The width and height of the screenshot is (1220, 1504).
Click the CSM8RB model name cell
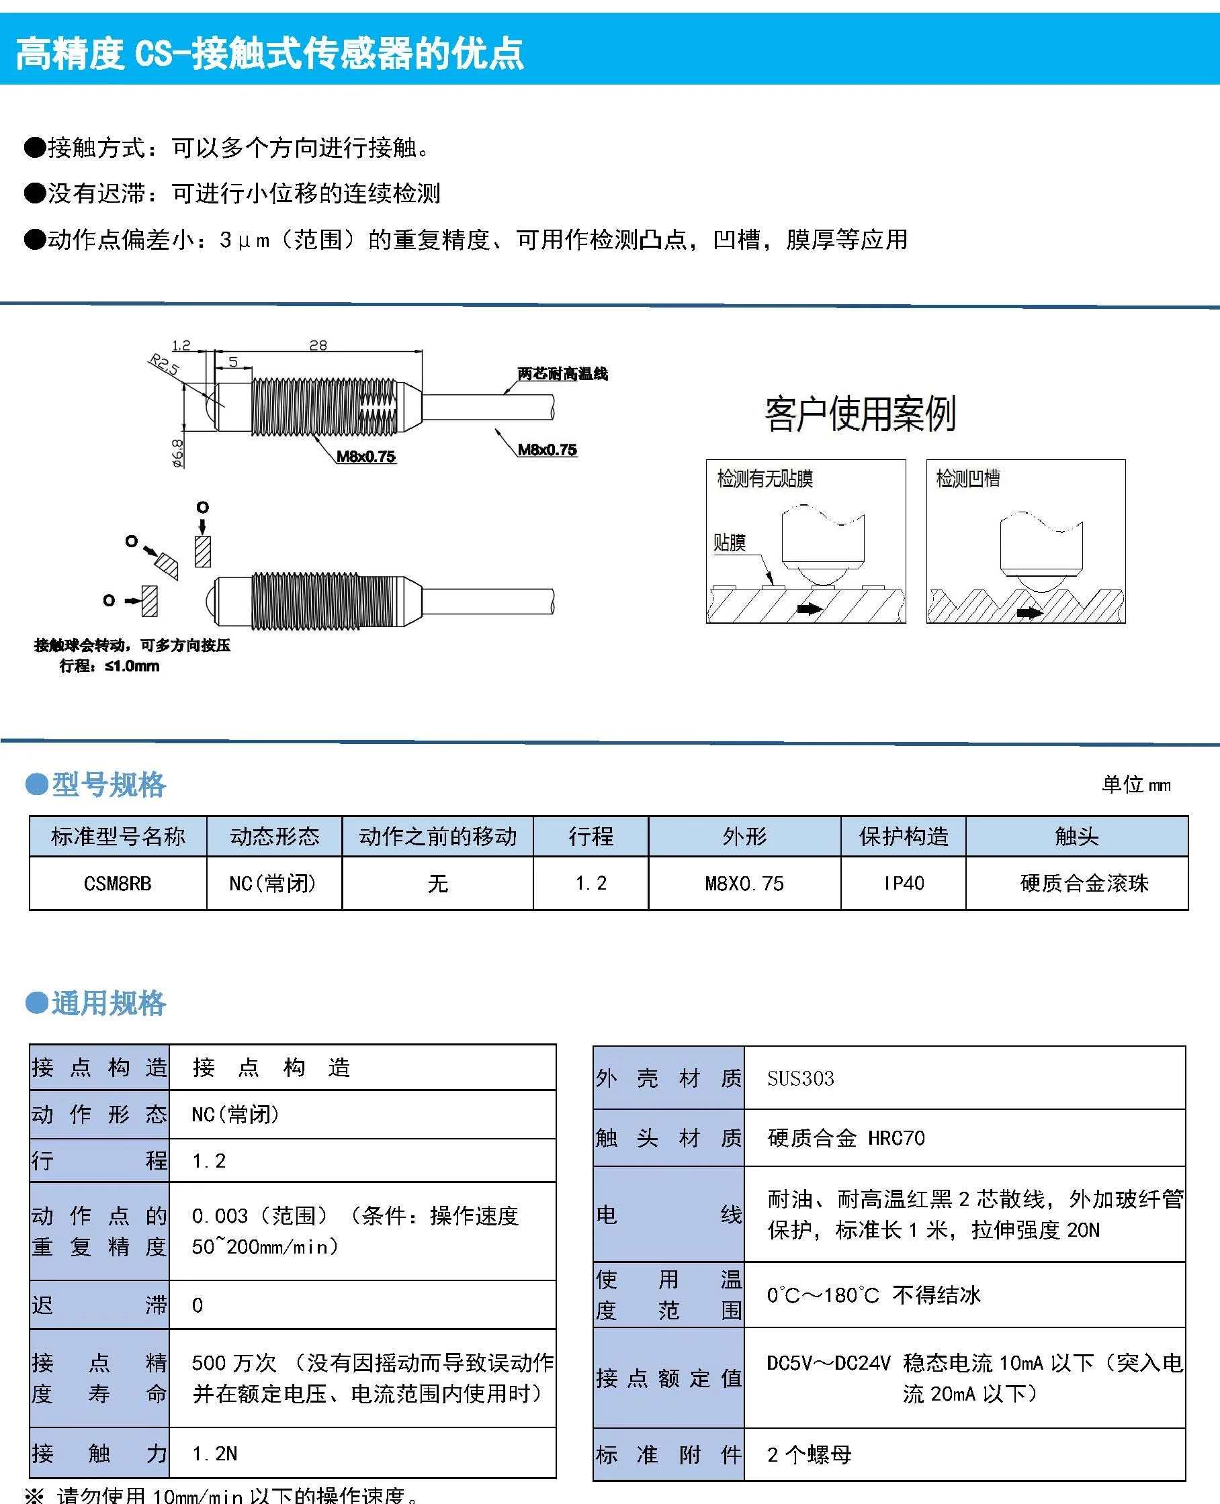118,883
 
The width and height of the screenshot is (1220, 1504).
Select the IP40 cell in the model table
903,883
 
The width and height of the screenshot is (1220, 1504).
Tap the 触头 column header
1076,836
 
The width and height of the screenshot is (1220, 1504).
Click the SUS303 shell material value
800,1078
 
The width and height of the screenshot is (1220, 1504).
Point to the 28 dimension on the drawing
318,345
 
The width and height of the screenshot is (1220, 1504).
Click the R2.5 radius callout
164,365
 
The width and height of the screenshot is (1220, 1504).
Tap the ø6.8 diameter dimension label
177,453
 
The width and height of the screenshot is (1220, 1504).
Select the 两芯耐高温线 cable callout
562,374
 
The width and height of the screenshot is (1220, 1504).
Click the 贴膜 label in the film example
730,543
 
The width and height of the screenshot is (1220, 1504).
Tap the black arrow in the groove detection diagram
1030,612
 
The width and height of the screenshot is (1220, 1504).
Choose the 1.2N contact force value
215,1453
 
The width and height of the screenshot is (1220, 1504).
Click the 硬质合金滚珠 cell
1084,883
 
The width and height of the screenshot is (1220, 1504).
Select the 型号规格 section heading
108,785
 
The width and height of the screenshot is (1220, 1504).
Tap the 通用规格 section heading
108,1003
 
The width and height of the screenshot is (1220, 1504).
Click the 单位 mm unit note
1135,785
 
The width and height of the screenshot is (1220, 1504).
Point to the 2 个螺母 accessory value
809,1454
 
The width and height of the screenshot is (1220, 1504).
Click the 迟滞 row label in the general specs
99,1305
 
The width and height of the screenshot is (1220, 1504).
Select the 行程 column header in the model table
591,836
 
